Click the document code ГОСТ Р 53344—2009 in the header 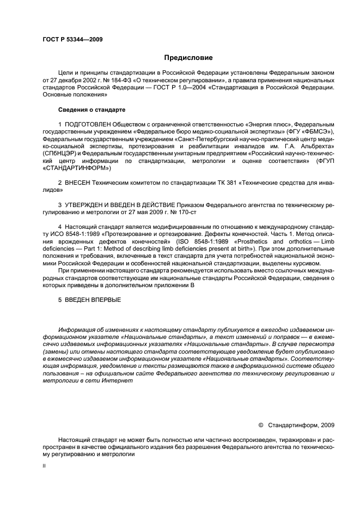[72, 39]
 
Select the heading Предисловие [188, 57]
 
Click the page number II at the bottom [44, 466]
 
